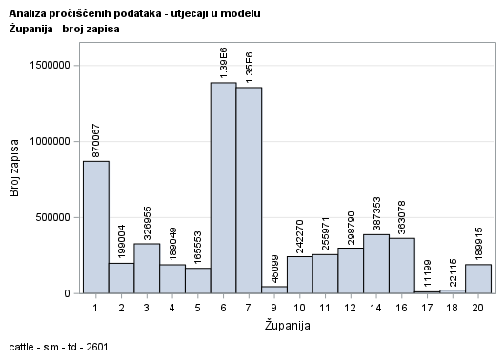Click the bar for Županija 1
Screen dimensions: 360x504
(x=95, y=227)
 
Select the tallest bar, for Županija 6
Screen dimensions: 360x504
(x=223, y=188)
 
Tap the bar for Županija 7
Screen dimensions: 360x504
(x=249, y=190)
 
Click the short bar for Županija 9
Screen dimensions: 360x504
(x=274, y=290)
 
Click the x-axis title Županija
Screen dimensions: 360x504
(x=287, y=325)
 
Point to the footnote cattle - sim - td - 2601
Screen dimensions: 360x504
(x=58, y=347)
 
